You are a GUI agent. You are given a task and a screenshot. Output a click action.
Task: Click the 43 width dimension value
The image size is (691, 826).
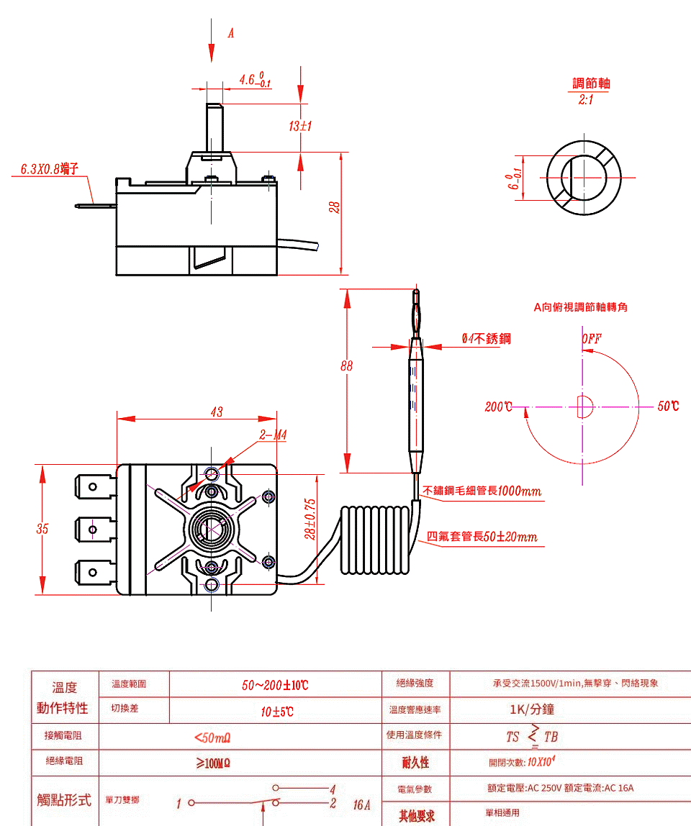[216, 412]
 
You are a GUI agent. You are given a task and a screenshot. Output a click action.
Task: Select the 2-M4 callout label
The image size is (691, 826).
[273, 435]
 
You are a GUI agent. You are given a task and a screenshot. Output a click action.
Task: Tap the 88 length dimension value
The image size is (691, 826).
[347, 366]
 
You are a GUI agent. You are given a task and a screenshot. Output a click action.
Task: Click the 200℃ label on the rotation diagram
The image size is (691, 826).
[498, 407]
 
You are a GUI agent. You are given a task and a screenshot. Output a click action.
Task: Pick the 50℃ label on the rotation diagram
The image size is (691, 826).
[667, 407]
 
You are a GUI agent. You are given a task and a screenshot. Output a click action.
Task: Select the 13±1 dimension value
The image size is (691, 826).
[299, 127]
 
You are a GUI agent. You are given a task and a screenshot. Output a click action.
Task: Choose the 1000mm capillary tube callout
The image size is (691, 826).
[482, 491]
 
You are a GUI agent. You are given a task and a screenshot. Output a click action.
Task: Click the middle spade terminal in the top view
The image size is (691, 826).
[94, 530]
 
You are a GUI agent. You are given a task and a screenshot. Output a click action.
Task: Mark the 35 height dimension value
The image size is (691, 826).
[42, 529]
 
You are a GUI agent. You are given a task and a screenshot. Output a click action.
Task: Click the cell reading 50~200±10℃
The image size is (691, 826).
[275, 685]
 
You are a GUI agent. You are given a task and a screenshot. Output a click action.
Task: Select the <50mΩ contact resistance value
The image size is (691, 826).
[212, 737]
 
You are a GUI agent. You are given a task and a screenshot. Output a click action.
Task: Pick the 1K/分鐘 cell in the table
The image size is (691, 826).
[532, 709]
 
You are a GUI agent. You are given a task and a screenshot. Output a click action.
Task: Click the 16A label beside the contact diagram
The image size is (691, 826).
[361, 804]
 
